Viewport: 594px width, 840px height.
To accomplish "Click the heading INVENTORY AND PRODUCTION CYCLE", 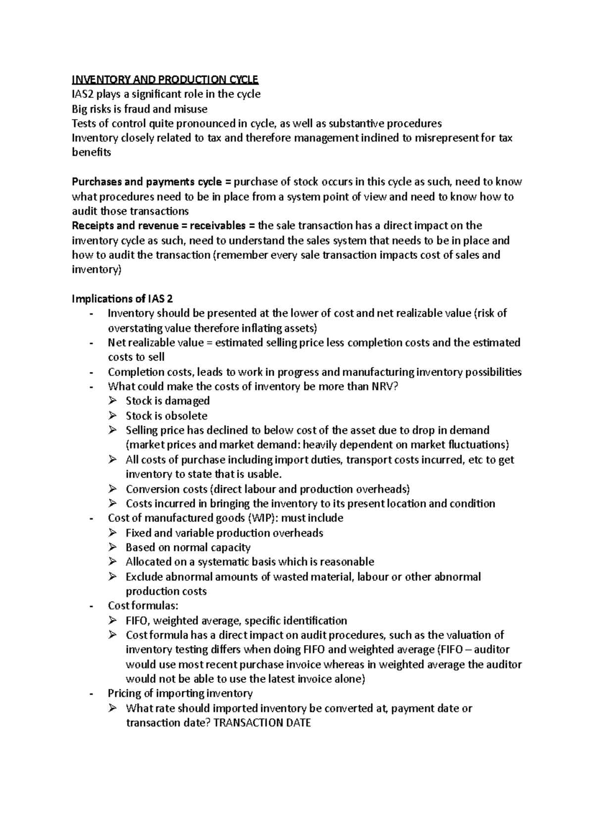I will [165, 80].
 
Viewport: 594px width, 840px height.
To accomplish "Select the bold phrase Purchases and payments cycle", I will [147, 182].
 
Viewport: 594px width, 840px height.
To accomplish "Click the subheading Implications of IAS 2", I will [122, 298].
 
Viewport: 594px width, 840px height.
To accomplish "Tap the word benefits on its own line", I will [92, 152].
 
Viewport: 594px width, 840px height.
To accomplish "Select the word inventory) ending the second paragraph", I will [96, 270].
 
